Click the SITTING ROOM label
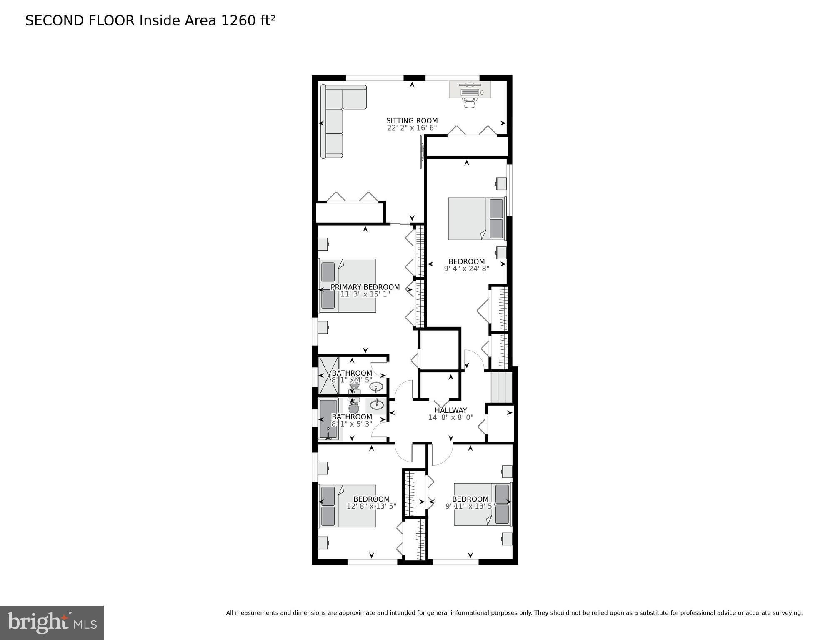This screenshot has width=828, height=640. (412, 121)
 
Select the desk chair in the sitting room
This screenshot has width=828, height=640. (470, 103)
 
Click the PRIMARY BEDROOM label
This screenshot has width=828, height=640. (365, 287)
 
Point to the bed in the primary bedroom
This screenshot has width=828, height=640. (348, 286)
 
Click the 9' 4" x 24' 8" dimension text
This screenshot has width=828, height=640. (466, 269)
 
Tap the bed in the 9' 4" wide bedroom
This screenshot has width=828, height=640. (476, 219)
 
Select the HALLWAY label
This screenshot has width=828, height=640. (450, 410)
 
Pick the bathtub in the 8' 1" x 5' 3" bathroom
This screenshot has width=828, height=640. (328, 419)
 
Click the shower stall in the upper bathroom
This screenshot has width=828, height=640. (328, 375)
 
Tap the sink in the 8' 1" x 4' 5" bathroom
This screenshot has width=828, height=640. (376, 387)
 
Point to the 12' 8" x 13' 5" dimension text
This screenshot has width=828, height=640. (371, 507)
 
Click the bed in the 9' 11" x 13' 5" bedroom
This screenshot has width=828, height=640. (482, 504)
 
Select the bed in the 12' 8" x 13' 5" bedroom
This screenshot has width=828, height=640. (348, 506)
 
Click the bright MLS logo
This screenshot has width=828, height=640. (52, 622)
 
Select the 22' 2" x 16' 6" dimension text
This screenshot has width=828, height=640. (412, 128)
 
